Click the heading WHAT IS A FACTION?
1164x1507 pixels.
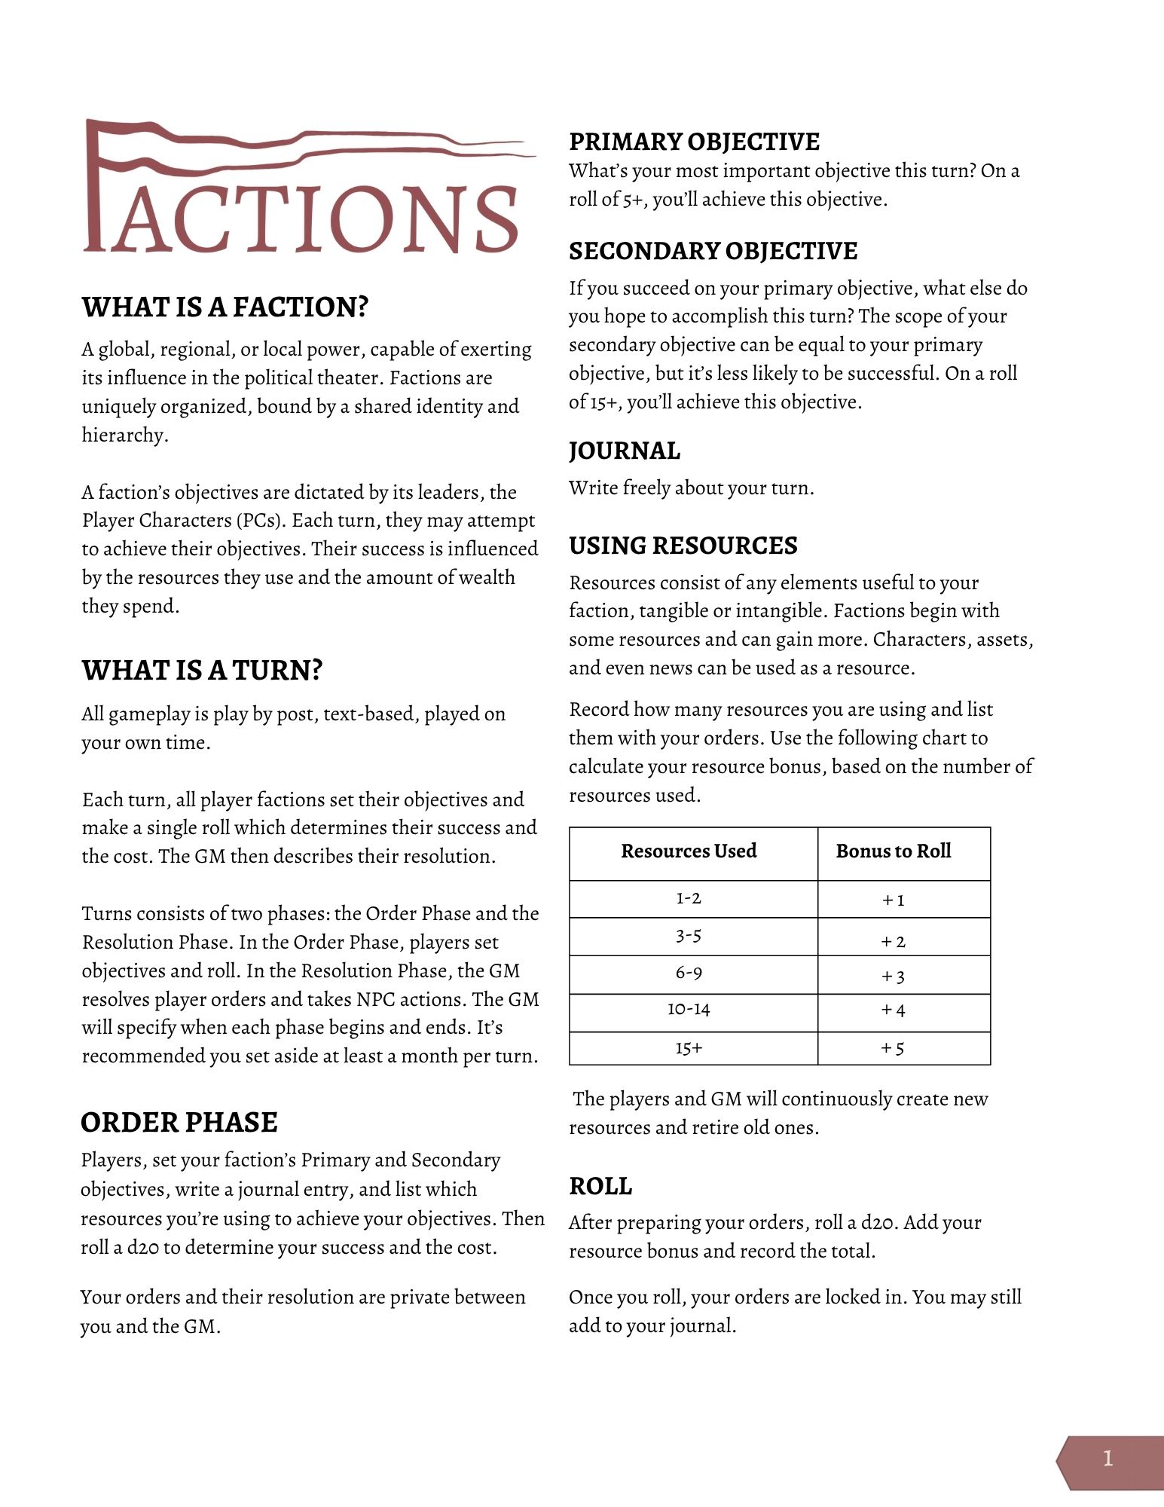225,307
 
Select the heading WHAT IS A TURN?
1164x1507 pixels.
202,670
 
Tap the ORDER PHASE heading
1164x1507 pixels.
179,1122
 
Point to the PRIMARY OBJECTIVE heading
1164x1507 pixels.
694,142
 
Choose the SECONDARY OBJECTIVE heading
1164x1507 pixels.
713,251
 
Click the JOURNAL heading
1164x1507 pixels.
624,451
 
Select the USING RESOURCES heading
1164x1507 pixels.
683,546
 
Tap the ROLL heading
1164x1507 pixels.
600,1186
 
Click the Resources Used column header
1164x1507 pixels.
689,851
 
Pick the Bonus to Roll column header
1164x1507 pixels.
894,851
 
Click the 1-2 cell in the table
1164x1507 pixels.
689,898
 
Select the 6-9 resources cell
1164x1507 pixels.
689,973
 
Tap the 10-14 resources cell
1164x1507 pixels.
689,1009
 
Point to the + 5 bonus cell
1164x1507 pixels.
894,1048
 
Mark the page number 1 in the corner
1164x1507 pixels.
1107,1459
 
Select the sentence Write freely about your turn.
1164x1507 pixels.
691,488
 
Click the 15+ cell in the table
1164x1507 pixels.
689,1048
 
